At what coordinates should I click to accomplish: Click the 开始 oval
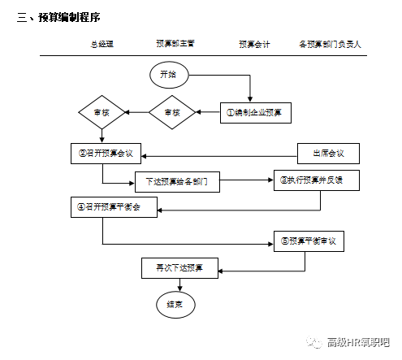(169, 74)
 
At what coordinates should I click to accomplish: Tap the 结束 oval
(175, 305)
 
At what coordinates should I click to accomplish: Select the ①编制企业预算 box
(256, 113)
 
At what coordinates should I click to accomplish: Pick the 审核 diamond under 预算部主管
(172, 113)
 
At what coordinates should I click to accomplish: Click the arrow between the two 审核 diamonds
(136, 113)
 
